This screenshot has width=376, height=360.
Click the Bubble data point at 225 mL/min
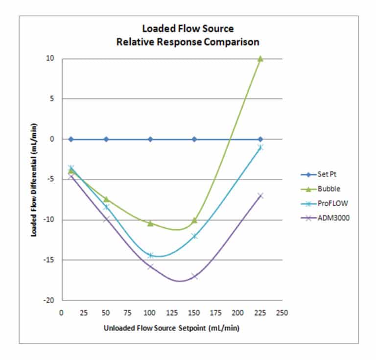260,58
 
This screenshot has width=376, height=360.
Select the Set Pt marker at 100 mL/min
150,139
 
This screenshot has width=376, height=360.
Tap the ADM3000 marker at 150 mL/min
194,276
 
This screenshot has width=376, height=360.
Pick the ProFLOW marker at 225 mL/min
260,147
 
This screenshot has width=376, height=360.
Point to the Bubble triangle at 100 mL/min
150,223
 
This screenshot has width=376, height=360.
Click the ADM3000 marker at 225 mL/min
260,195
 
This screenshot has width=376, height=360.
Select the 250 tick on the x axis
282,312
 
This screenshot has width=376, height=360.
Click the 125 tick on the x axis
172,312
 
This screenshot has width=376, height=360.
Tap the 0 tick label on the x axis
62,312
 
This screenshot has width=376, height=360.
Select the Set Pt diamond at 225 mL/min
260,139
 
